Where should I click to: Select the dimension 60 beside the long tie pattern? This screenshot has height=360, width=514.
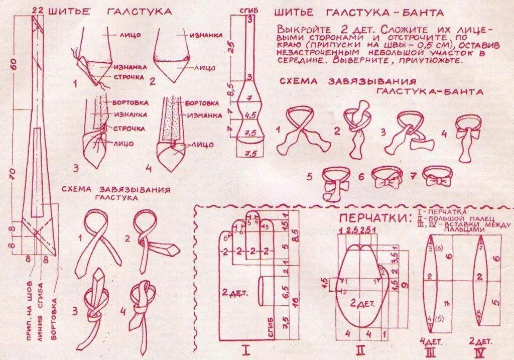(14, 64)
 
